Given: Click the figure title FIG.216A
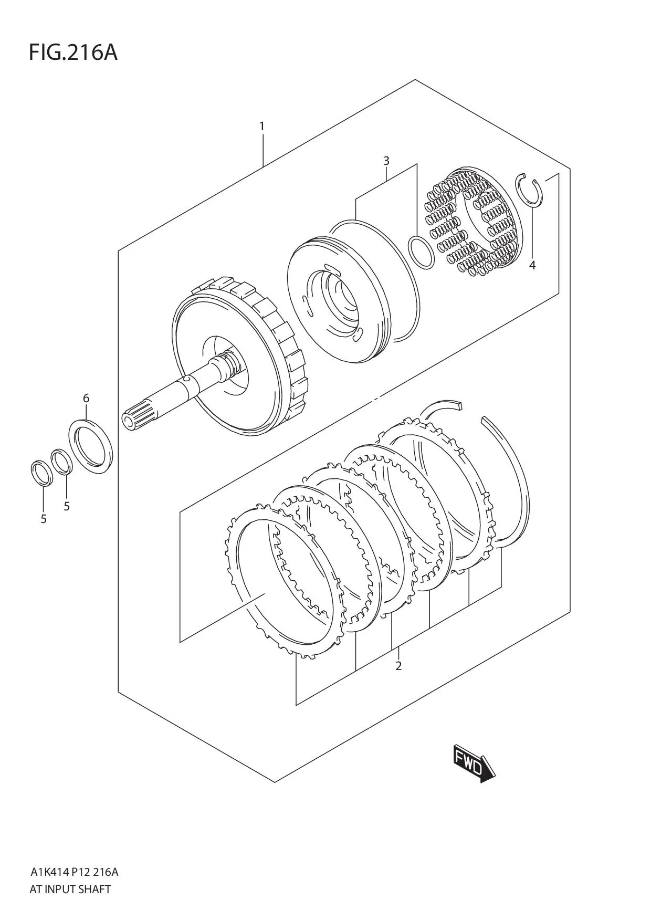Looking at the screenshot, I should point(73,53).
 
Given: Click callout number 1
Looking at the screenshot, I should point(261,127).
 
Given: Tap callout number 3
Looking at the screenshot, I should point(386,161).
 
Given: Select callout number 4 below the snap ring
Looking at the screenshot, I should point(532,266).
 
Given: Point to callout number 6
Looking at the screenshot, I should point(86,398).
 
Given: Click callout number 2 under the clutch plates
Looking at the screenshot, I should point(398,666).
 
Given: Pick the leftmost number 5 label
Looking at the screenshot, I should point(44,519).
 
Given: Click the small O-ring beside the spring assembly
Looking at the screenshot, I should point(422,253).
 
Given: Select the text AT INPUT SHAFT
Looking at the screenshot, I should point(70,889).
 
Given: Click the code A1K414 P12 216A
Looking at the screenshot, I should point(74,873).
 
